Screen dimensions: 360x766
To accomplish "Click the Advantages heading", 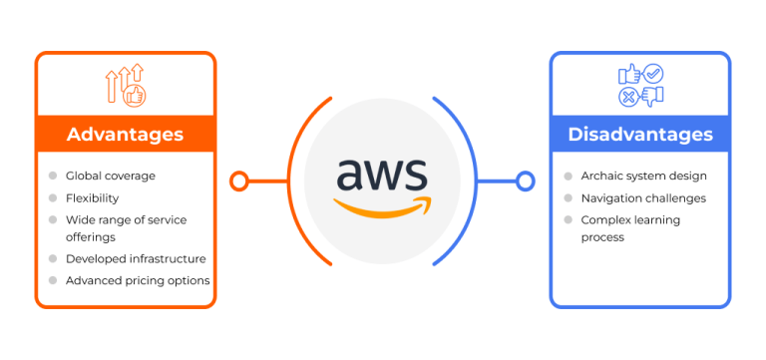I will pos(125,134).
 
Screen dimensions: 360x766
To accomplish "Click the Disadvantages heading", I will pos(640,134).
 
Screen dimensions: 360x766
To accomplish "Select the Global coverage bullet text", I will pos(111,176).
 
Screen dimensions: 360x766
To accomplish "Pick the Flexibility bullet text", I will pos(92,197).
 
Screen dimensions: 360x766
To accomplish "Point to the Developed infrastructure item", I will pos(136,258).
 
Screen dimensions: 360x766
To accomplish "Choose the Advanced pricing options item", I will pos(138,280).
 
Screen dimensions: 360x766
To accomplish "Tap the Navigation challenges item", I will pos(643,197).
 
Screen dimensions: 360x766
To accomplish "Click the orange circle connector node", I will pos(238,181).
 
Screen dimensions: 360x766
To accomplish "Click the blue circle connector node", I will pos(526,181).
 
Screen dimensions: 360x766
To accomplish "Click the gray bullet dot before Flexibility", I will pos(52,197).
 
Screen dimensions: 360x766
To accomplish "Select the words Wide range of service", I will pos(126,219).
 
